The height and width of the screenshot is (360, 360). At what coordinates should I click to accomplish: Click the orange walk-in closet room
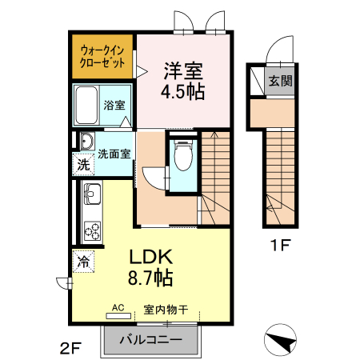(102, 58)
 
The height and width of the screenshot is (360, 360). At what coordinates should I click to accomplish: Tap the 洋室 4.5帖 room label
(185, 80)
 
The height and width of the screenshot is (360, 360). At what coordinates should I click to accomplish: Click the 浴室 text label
(114, 106)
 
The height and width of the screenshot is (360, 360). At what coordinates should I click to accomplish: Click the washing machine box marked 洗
(83, 166)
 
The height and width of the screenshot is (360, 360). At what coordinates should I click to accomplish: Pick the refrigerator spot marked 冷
(82, 260)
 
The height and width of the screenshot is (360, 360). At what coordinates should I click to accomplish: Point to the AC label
(118, 307)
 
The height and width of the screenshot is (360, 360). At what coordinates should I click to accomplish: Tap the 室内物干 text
(166, 309)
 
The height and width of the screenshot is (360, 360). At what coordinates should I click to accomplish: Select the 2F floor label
(70, 347)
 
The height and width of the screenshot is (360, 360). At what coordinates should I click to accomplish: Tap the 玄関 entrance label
(279, 81)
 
